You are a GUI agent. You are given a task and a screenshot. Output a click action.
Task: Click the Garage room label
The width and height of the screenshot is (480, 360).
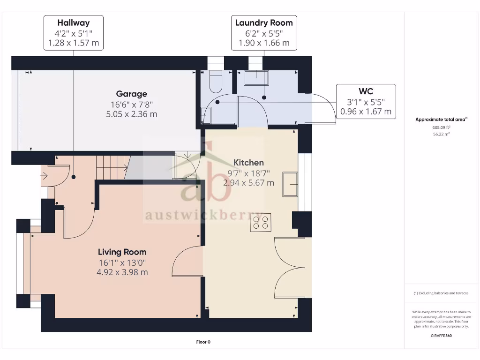[x=132, y=94]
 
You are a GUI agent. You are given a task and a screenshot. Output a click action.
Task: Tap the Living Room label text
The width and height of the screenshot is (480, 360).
[x=122, y=252]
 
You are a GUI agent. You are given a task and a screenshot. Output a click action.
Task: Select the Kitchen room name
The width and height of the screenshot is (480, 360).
[x=249, y=163]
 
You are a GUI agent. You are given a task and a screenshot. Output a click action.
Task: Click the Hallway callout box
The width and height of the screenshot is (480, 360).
[x=74, y=33]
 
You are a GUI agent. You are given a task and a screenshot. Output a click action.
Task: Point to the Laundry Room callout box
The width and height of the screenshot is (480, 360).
[x=264, y=33]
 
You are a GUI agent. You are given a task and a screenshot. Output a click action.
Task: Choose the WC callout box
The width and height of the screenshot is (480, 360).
[x=366, y=101]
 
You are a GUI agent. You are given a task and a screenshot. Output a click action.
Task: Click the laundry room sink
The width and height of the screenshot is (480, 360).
[x=256, y=78]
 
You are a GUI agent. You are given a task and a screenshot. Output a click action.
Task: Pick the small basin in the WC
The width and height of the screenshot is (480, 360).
[x=205, y=115]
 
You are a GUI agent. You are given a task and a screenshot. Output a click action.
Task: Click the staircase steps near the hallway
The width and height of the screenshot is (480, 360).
[x=112, y=167]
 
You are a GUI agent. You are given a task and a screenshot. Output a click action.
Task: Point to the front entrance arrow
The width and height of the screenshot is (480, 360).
[x=45, y=176]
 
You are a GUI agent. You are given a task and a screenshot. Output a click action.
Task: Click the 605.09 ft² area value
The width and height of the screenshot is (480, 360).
[x=441, y=127]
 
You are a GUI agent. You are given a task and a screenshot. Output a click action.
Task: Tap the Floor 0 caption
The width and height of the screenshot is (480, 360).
[x=203, y=342]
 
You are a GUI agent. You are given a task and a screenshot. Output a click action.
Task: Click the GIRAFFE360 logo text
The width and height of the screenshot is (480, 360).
[x=441, y=336]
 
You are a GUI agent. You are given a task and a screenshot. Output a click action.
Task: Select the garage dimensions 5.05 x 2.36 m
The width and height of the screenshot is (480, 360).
[x=132, y=114]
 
